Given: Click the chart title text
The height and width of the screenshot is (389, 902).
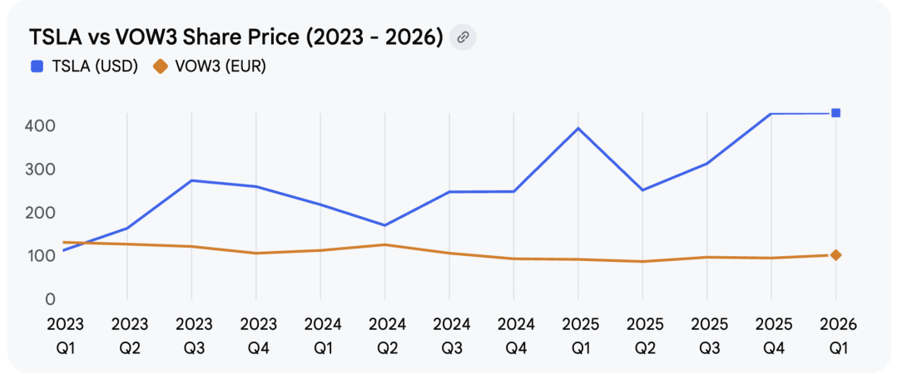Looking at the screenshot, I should point(235,37).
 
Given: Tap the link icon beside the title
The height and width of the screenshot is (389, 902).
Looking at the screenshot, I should point(463,37).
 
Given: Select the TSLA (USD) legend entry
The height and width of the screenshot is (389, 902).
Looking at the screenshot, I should point(84,66).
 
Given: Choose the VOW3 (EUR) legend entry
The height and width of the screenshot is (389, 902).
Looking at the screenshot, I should point(210,66).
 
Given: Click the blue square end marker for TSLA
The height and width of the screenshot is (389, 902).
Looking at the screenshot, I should point(835,113).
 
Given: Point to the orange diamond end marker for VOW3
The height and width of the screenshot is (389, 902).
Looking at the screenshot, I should point(835,255).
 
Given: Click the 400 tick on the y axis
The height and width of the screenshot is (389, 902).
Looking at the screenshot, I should point(39,126).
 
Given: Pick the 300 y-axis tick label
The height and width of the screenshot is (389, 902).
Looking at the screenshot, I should point(39,170).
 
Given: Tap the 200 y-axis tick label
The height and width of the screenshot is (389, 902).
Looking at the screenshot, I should point(39,213).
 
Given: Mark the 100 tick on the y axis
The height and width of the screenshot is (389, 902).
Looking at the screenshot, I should point(39,256).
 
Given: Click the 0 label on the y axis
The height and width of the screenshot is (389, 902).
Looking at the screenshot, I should point(51,299).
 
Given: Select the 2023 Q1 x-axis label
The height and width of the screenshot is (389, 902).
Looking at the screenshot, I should point(64,335).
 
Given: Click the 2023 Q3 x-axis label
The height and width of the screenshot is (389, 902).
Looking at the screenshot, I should point(193,335).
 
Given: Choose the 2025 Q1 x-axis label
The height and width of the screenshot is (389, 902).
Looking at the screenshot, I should point(578,335).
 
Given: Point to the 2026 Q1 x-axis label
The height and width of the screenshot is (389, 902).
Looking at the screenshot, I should point(836,335).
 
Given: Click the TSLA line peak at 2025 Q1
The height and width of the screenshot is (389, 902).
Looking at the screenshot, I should point(578,128).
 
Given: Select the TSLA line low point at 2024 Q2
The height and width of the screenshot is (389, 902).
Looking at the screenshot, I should point(384,225).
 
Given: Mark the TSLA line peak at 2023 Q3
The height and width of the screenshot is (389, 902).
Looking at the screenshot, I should point(192,180).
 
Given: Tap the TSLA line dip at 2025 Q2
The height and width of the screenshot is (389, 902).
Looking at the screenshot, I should point(642,190).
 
